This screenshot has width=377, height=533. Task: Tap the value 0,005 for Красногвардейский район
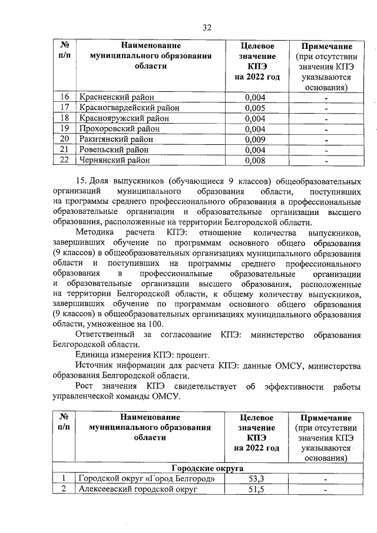pos(254,108)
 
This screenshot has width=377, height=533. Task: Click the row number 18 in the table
pos(65,118)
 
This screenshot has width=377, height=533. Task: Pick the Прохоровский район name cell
pos(115,128)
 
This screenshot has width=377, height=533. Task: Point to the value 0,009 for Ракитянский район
pos(254,139)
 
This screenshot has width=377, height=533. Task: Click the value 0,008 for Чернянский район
pos(254,160)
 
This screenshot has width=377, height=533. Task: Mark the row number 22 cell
pos(65,160)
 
